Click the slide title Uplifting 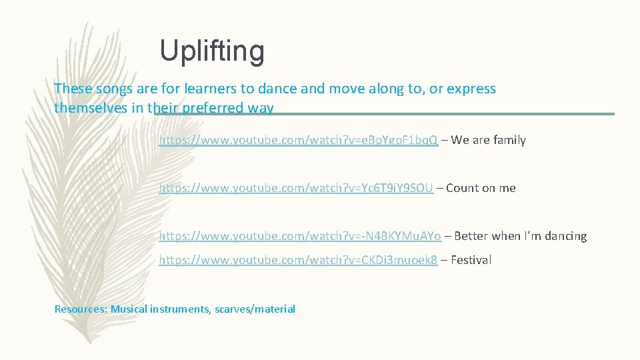pyautogui.click(x=212, y=51)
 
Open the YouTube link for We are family pyautogui.click(x=298, y=140)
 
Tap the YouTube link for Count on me pyautogui.click(x=296, y=188)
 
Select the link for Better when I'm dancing pyautogui.click(x=300, y=236)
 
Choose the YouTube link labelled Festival pyautogui.click(x=298, y=260)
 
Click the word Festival pyautogui.click(x=471, y=260)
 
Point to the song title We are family pyautogui.click(x=488, y=140)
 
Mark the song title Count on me pyautogui.click(x=481, y=188)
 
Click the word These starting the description pyautogui.click(x=71, y=89)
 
